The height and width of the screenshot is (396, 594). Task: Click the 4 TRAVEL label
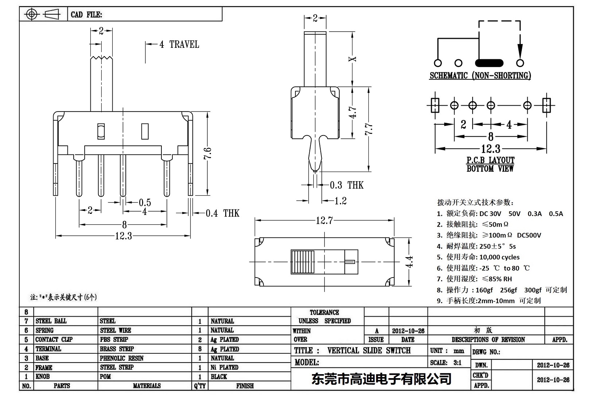click(x=179, y=44)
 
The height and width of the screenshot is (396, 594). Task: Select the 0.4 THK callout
click(x=222, y=213)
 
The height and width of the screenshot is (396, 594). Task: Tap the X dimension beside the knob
click(x=352, y=59)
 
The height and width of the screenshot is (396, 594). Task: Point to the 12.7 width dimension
click(x=324, y=220)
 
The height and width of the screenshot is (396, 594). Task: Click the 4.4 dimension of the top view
click(x=410, y=261)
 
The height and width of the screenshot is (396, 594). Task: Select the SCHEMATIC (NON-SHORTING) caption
click(x=480, y=76)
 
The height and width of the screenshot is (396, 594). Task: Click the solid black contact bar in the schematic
click(x=489, y=63)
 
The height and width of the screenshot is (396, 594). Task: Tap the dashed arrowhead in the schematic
click(x=520, y=51)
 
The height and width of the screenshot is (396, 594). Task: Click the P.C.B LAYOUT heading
click(x=491, y=160)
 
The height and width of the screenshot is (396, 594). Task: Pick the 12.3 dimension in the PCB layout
click(x=491, y=149)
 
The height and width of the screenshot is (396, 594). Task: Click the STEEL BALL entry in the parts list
click(x=51, y=321)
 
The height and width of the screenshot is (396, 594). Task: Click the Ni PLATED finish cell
click(x=224, y=367)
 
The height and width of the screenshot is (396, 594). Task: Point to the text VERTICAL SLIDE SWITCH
click(x=369, y=350)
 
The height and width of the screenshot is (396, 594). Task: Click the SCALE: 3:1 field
click(x=446, y=362)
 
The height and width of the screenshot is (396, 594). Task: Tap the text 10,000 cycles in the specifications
click(x=499, y=257)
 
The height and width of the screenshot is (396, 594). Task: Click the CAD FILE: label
click(x=86, y=15)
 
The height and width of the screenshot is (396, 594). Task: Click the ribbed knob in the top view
click(x=302, y=262)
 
